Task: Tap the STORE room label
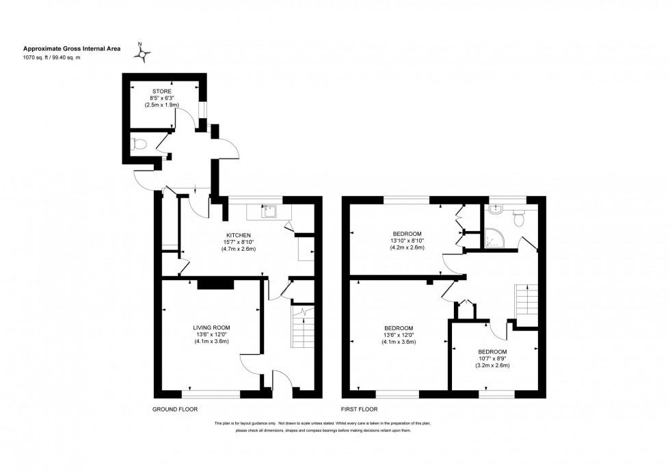point(163,91)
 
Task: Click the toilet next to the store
point(139,144)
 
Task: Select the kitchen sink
point(269,211)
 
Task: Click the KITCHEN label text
point(238,234)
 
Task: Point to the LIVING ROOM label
point(211,327)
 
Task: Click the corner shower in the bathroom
point(493,237)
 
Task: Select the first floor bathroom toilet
point(518,218)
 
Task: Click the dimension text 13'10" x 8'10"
point(407,241)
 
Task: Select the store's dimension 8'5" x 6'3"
point(162,98)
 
